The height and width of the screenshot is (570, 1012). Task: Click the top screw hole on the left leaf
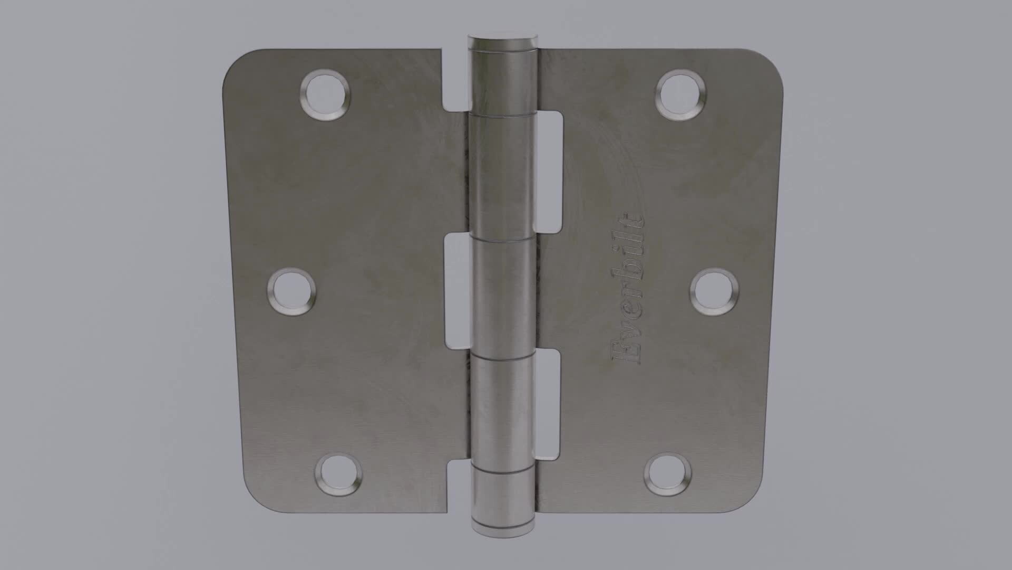click(x=325, y=96)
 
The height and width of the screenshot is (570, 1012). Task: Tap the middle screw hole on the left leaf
click(x=291, y=292)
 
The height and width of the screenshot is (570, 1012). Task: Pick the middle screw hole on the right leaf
click(x=714, y=292)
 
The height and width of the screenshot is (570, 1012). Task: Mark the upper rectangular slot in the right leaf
click(x=549, y=172)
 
